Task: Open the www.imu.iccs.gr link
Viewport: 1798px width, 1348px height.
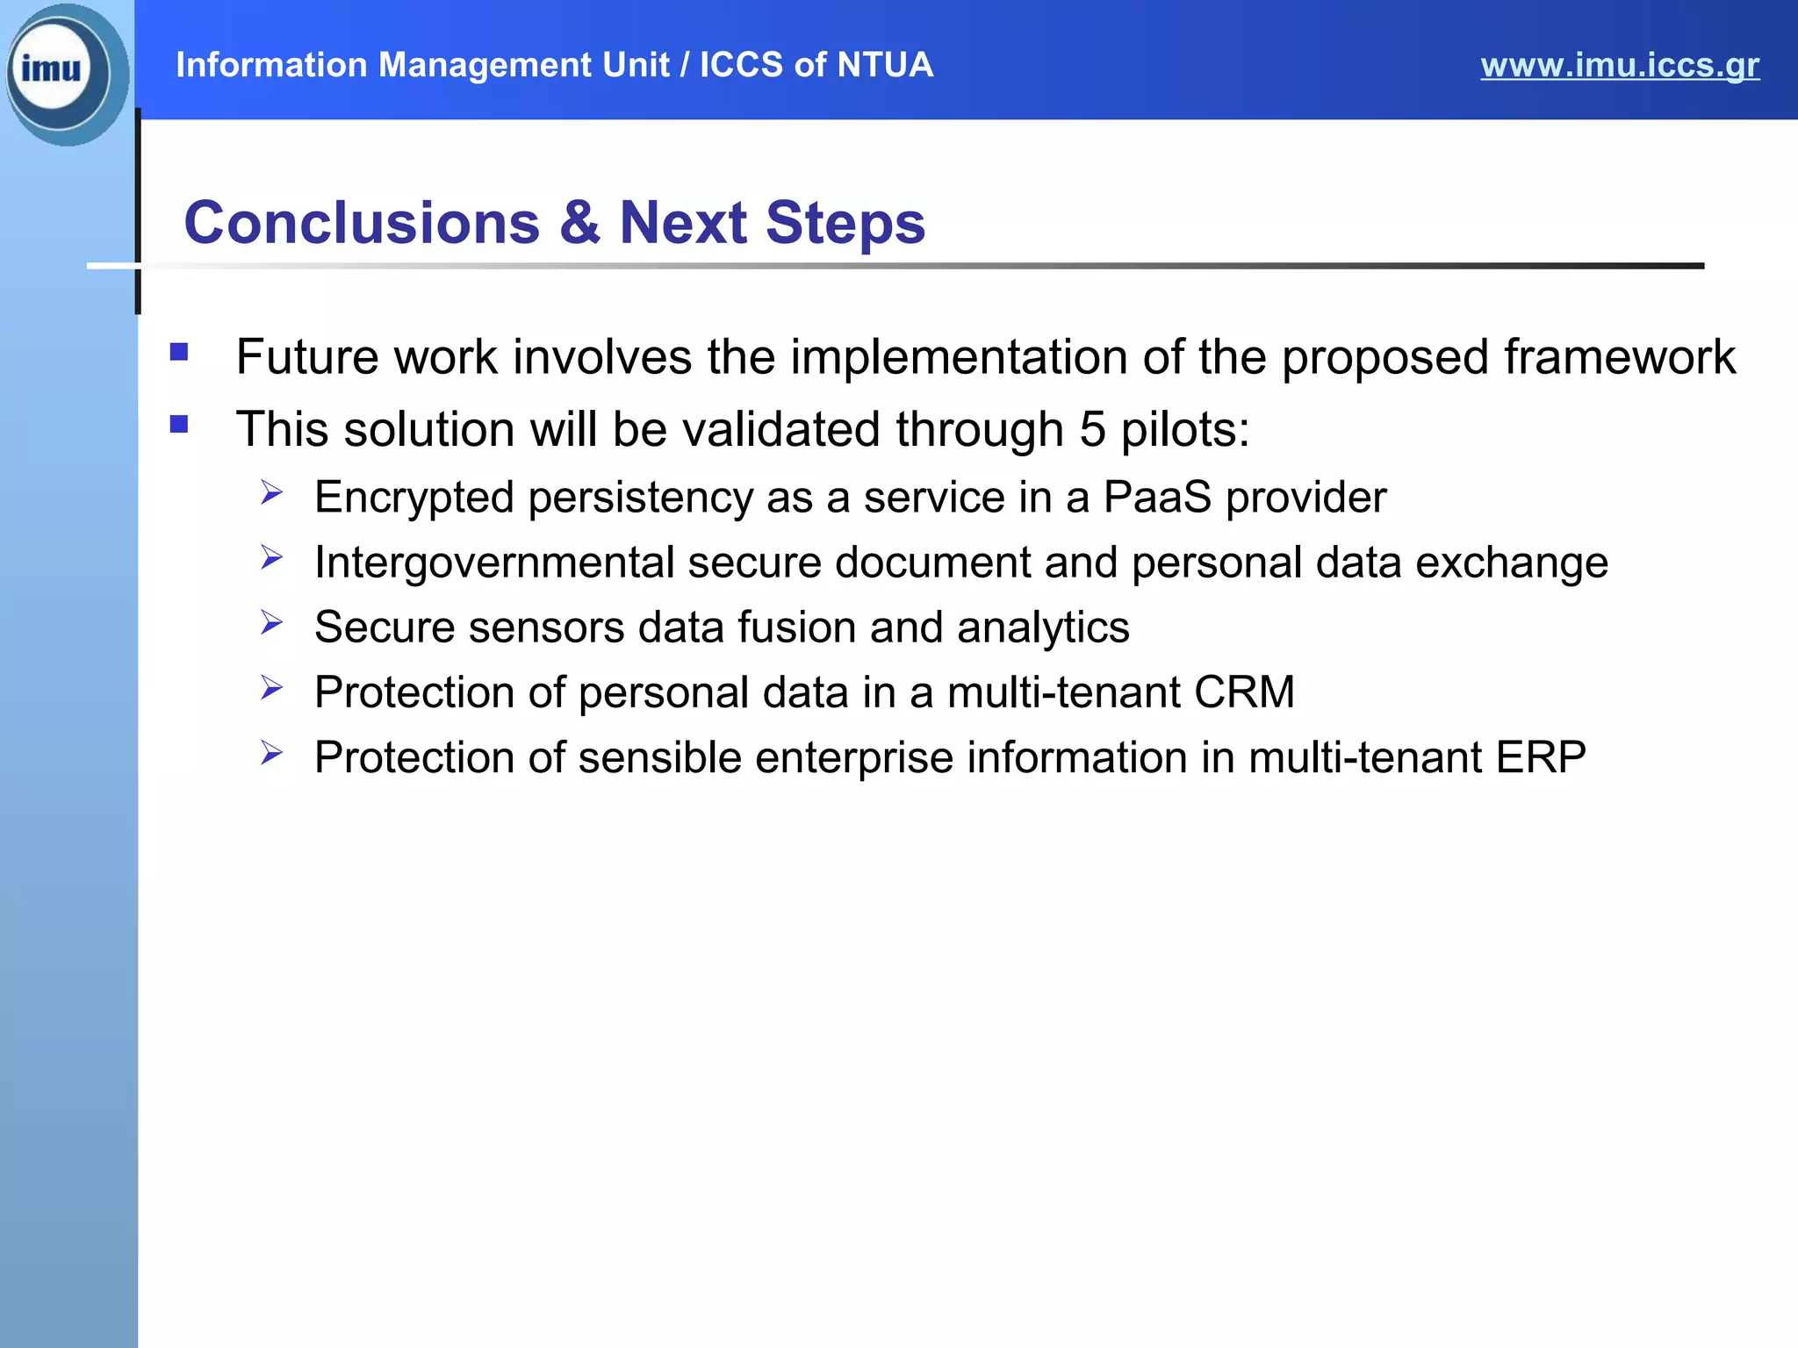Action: point(1619,66)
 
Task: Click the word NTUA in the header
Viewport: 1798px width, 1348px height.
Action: point(884,65)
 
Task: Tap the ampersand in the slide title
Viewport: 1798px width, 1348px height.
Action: point(579,222)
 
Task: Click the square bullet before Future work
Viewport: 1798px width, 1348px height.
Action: point(179,353)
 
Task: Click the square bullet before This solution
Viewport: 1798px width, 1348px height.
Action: point(179,426)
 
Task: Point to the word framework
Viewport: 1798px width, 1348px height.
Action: point(1619,357)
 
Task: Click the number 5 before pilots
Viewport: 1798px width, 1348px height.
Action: point(1092,430)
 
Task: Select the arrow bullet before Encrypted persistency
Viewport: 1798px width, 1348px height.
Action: point(271,492)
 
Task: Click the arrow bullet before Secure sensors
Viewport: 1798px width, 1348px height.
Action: point(271,623)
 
